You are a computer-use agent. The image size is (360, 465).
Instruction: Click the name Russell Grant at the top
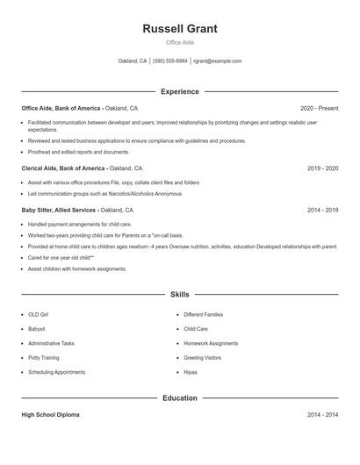click(x=180, y=28)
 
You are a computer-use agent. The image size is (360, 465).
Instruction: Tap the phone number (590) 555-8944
click(x=169, y=61)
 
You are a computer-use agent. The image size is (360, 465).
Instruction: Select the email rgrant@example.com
click(x=217, y=61)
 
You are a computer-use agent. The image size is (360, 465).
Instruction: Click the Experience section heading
click(x=180, y=91)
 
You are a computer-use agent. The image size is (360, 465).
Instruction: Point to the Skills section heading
click(x=180, y=295)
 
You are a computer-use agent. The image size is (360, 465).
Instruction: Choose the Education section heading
click(x=180, y=398)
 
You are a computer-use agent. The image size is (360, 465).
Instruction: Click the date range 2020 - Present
click(x=319, y=108)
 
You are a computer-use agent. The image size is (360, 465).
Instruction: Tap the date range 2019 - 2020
click(x=323, y=168)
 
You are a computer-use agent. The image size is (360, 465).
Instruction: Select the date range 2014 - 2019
click(x=323, y=211)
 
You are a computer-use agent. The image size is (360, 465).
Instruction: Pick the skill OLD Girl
click(x=38, y=314)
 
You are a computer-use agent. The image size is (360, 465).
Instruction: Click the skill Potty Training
click(x=43, y=358)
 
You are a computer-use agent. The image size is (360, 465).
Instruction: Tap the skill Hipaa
click(x=191, y=372)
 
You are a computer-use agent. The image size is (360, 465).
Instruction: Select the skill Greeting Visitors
click(x=202, y=358)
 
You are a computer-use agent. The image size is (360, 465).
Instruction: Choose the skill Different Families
click(x=204, y=314)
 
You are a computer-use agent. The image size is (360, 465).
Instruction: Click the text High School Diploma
click(x=50, y=414)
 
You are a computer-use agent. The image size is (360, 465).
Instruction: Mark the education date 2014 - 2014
click(x=323, y=414)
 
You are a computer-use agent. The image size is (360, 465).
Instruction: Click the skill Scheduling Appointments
click(x=56, y=372)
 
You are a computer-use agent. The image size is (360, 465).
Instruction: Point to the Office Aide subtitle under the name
click(x=180, y=42)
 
